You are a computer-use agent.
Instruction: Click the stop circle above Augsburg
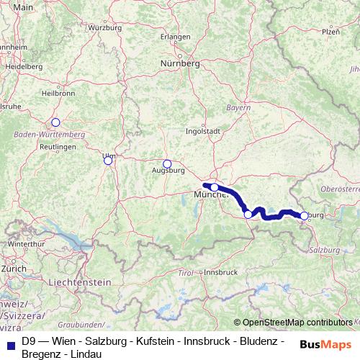click(x=167, y=163)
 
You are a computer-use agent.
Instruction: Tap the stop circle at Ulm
click(x=108, y=161)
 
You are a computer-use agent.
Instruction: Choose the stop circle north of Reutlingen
click(x=55, y=122)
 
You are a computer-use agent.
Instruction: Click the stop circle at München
click(x=214, y=187)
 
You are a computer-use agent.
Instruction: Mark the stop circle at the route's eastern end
click(x=304, y=215)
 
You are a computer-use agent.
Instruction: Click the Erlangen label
click(x=176, y=36)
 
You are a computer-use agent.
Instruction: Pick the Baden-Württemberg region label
click(x=48, y=134)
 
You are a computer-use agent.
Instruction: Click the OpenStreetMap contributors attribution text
click(x=297, y=322)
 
